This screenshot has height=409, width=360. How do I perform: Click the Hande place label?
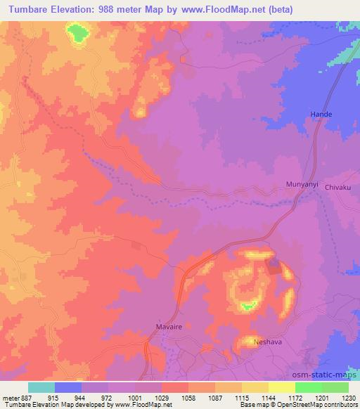pyautogui.click(x=321, y=114)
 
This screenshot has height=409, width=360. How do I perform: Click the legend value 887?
pyautogui.click(x=27, y=397)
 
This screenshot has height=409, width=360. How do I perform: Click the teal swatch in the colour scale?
pyautogui.click(x=41, y=387)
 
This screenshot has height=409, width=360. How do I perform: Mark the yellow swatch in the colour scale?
pyautogui.click(x=281, y=387)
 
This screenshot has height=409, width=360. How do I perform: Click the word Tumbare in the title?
pyautogui.click(x=23, y=9)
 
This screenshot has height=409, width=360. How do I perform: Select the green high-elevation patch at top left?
pyautogui.click(x=77, y=32)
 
